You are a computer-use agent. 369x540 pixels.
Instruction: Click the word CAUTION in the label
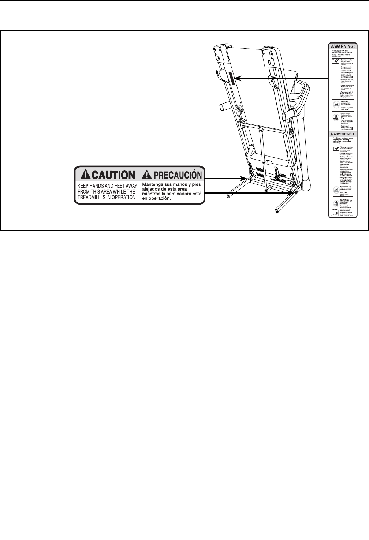[x=112, y=175]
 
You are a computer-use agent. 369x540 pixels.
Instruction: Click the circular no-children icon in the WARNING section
[x=335, y=105]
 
